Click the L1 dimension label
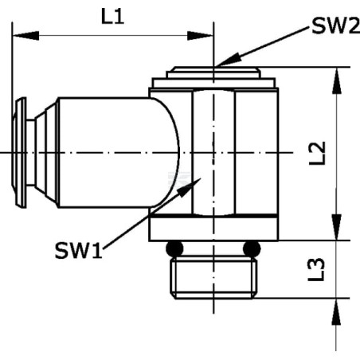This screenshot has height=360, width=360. [x=112, y=17]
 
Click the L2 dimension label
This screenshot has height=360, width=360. [x=317, y=153]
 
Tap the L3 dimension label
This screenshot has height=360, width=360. [x=316, y=269]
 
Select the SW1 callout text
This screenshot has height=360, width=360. [x=78, y=251]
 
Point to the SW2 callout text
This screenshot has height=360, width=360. [x=335, y=25]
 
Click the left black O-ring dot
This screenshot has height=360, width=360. [x=174, y=248]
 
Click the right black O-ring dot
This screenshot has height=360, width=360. [x=252, y=248]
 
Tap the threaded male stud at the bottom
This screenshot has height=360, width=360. [x=213, y=277]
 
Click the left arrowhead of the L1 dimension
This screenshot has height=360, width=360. [x=25, y=35]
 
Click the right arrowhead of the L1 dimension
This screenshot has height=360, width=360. [x=200, y=35]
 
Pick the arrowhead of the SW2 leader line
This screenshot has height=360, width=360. [x=228, y=60]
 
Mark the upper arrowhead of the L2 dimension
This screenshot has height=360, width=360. [x=336, y=80]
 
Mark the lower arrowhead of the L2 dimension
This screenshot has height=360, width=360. [x=336, y=227]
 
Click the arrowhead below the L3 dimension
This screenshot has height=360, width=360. [x=336, y=311]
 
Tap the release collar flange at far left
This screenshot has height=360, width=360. [x=19, y=153]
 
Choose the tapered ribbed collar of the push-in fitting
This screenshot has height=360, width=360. [x=47, y=153]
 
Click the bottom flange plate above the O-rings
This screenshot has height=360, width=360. [x=213, y=229]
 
